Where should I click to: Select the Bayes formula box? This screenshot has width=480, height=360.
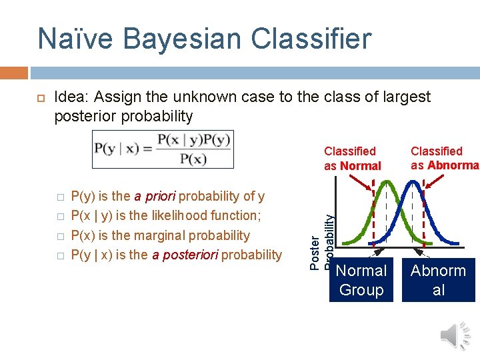163,149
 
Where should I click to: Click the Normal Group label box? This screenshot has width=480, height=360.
361,280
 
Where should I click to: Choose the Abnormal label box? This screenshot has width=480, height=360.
438,280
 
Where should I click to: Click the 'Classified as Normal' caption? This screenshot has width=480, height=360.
352,159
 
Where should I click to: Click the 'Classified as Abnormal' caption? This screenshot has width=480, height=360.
443,158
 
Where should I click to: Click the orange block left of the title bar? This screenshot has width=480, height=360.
14,72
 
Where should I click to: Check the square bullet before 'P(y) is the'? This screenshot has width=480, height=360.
59,197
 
